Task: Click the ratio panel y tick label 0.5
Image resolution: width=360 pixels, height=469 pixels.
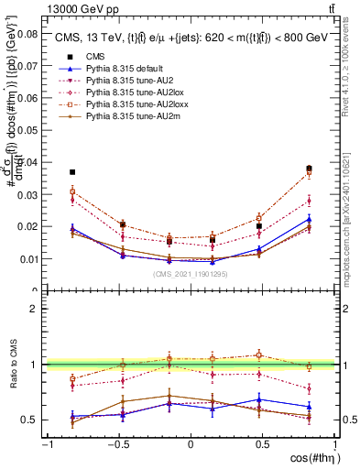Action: (28, 420)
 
